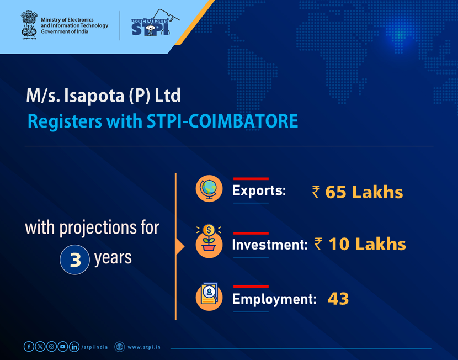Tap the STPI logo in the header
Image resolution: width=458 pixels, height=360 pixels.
coord(151,24)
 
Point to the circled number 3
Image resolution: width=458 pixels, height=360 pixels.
coord(74,260)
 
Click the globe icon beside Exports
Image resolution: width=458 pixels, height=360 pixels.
coord(209,189)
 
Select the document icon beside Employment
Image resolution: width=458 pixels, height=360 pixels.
coord(209,297)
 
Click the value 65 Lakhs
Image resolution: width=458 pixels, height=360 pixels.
coord(364,192)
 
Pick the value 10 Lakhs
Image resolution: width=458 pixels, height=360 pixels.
coord(367,244)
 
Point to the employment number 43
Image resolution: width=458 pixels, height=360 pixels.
coord(338,299)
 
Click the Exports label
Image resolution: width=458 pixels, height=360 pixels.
coord(259,192)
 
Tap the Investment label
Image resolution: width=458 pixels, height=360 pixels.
coord(269,245)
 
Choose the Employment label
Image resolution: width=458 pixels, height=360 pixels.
coord(274,299)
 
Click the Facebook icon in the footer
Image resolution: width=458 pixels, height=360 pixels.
coord(29,347)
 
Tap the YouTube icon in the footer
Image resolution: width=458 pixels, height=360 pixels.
coord(62,347)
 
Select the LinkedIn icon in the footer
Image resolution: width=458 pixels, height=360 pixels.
coord(74,347)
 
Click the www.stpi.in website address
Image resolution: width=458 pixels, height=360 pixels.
coord(144,347)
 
